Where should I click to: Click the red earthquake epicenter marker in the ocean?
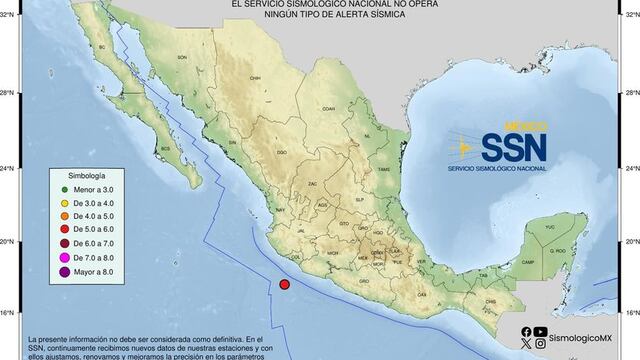[x=285, y=286]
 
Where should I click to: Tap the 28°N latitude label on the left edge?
[x=8, y=94]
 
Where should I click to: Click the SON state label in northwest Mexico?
[x=182, y=57]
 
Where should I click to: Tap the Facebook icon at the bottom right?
[x=526, y=332]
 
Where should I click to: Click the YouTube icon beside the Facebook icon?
[x=541, y=332]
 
